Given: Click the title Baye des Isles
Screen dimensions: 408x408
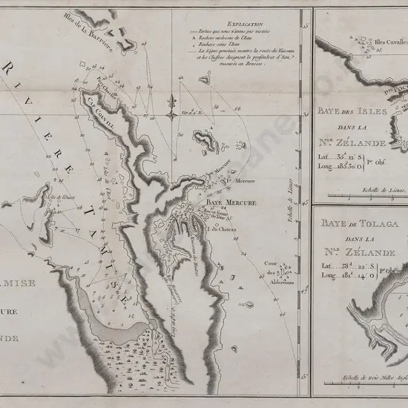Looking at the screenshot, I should pos(352,111).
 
